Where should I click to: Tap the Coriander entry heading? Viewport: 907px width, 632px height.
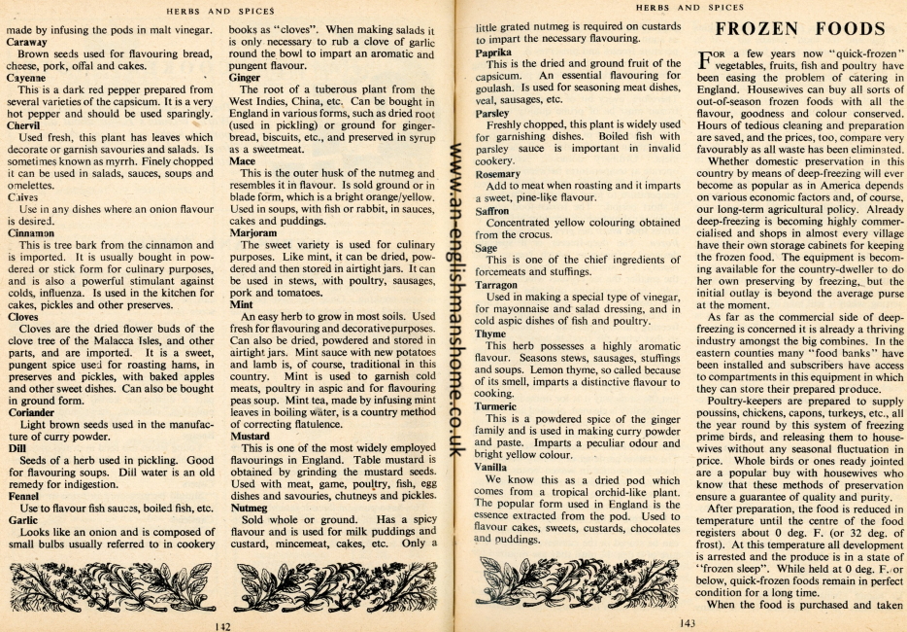pos(31,410)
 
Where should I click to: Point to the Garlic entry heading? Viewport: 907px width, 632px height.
pos(23,520)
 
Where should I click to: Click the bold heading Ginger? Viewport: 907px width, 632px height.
pos(245,76)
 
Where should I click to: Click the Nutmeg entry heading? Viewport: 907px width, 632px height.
pos(248,507)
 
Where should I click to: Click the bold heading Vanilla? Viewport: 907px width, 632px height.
pos(492,467)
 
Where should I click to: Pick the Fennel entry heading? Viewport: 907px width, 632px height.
pos(25,494)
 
